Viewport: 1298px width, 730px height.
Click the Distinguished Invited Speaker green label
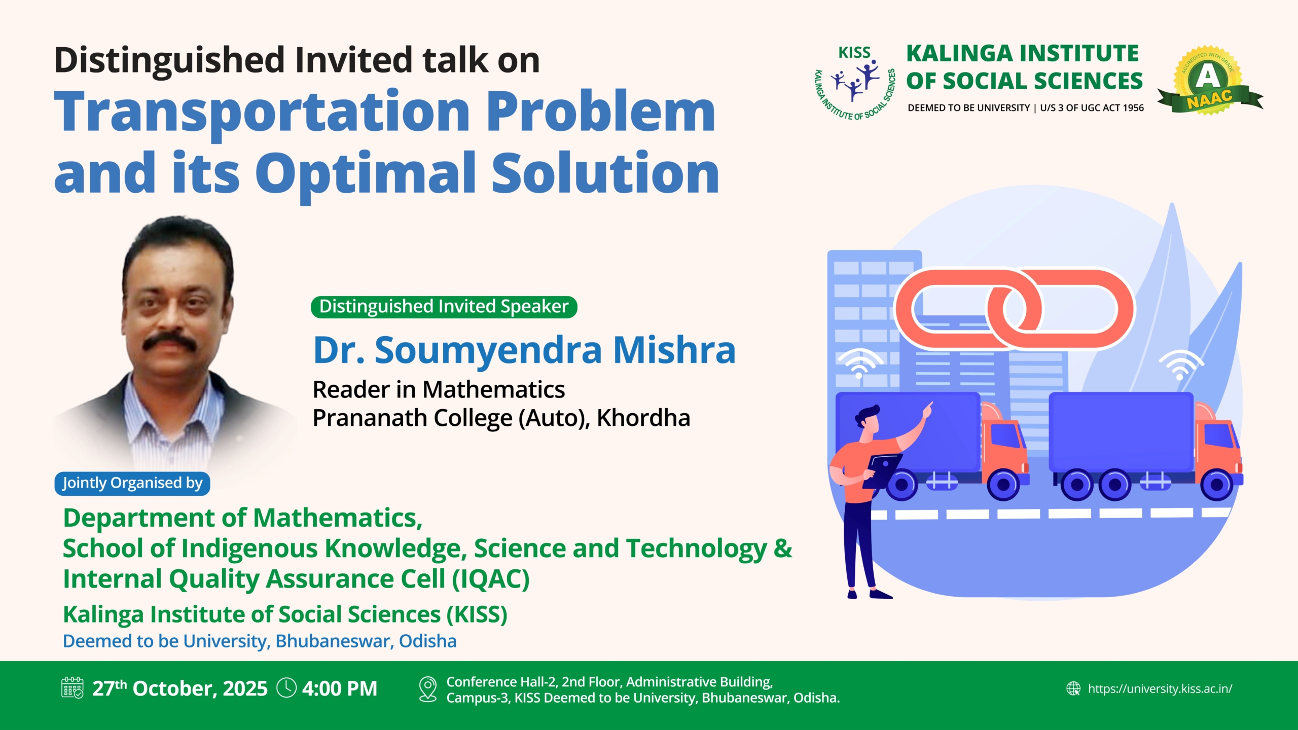pyautogui.click(x=444, y=307)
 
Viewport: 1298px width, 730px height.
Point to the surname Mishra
pyautogui.click(x=674, y=350)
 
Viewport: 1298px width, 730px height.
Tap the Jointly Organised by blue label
pyautogui.click(x=132, y=483)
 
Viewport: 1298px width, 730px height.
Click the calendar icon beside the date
pyautogui.click(x=73, y=688)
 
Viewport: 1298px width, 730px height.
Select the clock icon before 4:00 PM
pyautogui.click(x=286, y=688)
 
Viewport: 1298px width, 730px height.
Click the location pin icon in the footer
pyautogui.click(x=428, y=689)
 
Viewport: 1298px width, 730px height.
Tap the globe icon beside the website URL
pyautogui.click(x=1073, y=688)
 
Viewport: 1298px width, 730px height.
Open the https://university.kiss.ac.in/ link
pyautogui.click(x=1160, y=688)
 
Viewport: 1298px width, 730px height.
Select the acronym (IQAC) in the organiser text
pyautogui.click(x=491, y=579)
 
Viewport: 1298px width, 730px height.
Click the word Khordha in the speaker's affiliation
pyautogui.click(x=643, y=418)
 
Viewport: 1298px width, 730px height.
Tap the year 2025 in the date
pyautogui.click(x=245, y=688)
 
